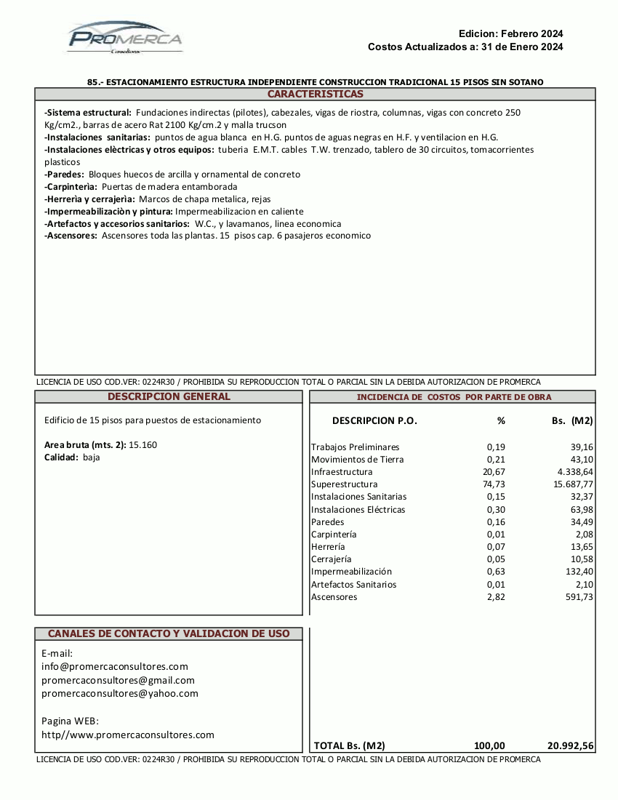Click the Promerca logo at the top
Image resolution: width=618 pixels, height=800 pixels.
pyautogui.click(x=124, y=38)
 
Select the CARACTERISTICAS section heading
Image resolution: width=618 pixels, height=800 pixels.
pyautogui.click(x=315, y=95)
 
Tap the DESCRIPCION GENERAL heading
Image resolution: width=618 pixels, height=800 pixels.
pyautogui.click(x=169, y=397)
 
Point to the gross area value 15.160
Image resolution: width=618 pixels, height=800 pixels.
pyautogui.click(x=143, y=445)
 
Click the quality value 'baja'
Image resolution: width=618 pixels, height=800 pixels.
pyautogui.click(x=92, y=457)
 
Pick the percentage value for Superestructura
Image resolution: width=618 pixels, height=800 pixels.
pyautogui.click(x=494, y=484)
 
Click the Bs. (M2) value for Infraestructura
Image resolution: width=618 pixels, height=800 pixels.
pyautogui.click(x=574, y=472)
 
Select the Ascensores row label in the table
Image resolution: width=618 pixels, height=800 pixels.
pyautogui.click(x=334, y=597)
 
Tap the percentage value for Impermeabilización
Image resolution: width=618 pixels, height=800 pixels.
pyautogui.click(x=496, y=572)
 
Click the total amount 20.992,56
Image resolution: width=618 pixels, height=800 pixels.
pyautogui.click(x=570, y=745)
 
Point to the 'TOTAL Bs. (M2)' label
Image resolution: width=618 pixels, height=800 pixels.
pyautogui.click(x=349, y=745)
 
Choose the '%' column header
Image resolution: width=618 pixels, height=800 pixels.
pyautogui.click(x=501, y=421)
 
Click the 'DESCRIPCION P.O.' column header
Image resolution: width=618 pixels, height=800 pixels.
pyautogui.click(x=374, y=421)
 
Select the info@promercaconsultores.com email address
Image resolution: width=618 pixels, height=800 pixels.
pyautogui.click(x=115, y=666)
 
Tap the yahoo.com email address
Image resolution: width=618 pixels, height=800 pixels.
pyautogui.click(x=120, y=693)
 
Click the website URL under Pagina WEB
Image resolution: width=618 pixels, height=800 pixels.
pyautogui.click(x=128, y=735)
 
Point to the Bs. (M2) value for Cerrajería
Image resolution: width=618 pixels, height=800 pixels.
pyautogui.click(x=580, y=559)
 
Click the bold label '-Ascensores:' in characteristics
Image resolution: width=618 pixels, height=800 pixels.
pyautogui.click(x=71, y=236)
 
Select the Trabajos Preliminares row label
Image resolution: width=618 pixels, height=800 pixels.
pyautogui.click(x=356, y=447)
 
